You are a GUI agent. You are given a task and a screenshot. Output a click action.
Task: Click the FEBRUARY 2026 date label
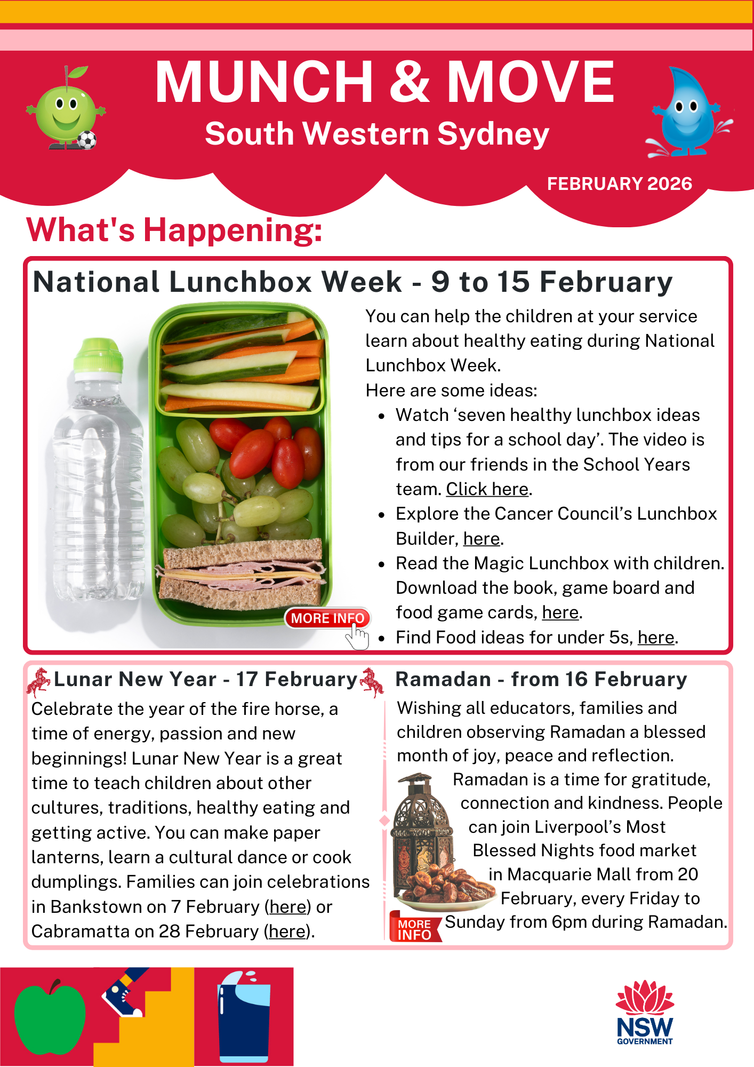[619, 184]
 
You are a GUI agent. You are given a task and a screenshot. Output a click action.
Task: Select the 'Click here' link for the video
[487, 489]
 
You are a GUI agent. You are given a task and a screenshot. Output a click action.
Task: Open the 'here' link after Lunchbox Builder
[481, 539]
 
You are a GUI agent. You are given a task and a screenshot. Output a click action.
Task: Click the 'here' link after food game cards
[560, 612]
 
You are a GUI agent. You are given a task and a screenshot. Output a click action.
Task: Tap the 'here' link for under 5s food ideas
[655, 638]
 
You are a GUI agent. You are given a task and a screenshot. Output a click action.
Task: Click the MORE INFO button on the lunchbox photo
[327, 618]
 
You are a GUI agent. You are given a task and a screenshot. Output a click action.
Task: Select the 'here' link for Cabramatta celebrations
[288, 931]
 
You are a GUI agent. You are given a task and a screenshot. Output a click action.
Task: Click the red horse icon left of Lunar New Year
[38, 681]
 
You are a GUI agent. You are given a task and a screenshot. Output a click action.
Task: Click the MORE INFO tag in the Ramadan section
[414, 929]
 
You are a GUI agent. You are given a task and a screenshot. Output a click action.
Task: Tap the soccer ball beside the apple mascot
[87, 140]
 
